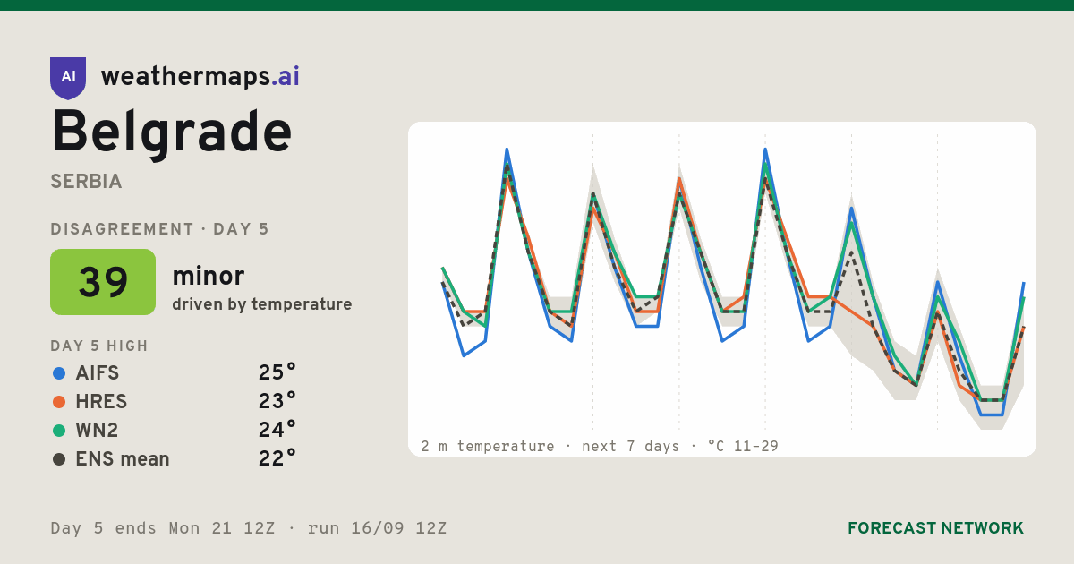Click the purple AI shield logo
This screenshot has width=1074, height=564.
[68, 78]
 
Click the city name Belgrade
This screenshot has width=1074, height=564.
[172, 132]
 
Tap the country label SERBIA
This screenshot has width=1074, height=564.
[86, 182]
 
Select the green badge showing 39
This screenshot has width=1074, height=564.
[103, 282]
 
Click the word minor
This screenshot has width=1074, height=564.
[208, 277]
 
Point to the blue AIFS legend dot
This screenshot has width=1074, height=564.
[59, 373]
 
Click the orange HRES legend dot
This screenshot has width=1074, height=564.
[59, 402]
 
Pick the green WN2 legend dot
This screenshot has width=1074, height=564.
[59, 431]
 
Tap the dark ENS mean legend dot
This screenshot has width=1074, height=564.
[59, 459]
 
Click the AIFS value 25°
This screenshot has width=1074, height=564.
[277, 372]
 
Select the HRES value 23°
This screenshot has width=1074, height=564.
[277, 401]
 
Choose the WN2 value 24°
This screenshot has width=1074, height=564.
[277, 430]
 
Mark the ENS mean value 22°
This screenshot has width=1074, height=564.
[277, 458]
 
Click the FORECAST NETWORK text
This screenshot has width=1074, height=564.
[935, 528]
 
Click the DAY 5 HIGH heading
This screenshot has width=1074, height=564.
[99, 346]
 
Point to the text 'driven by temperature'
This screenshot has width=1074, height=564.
[261, 304]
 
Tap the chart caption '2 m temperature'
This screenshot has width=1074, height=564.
[487, 447]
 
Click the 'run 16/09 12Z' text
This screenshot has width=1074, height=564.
[377, 528]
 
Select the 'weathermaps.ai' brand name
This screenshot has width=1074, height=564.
[200, 77]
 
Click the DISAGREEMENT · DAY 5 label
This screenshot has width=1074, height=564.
[159, 229]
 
